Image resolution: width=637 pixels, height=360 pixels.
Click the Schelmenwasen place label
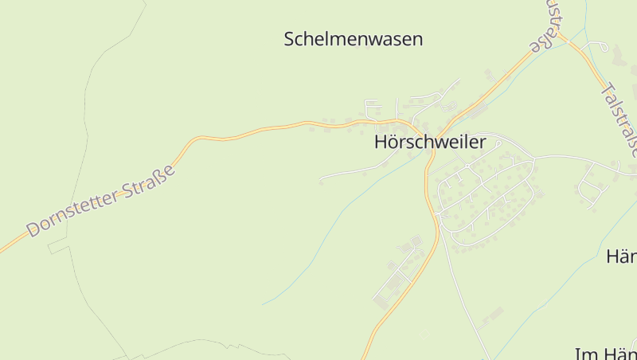pos(354,39)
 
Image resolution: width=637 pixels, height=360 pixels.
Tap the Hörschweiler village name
pos(430,143)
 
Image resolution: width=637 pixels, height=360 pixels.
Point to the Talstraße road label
pos(619,119)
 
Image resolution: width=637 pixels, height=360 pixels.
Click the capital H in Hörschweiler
pos(381,143)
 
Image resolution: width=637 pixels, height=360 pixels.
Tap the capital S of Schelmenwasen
pos(290,39)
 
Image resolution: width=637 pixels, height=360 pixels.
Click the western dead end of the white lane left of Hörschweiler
pos(321,182)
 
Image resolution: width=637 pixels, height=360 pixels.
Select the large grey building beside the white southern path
pos(490,315)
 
